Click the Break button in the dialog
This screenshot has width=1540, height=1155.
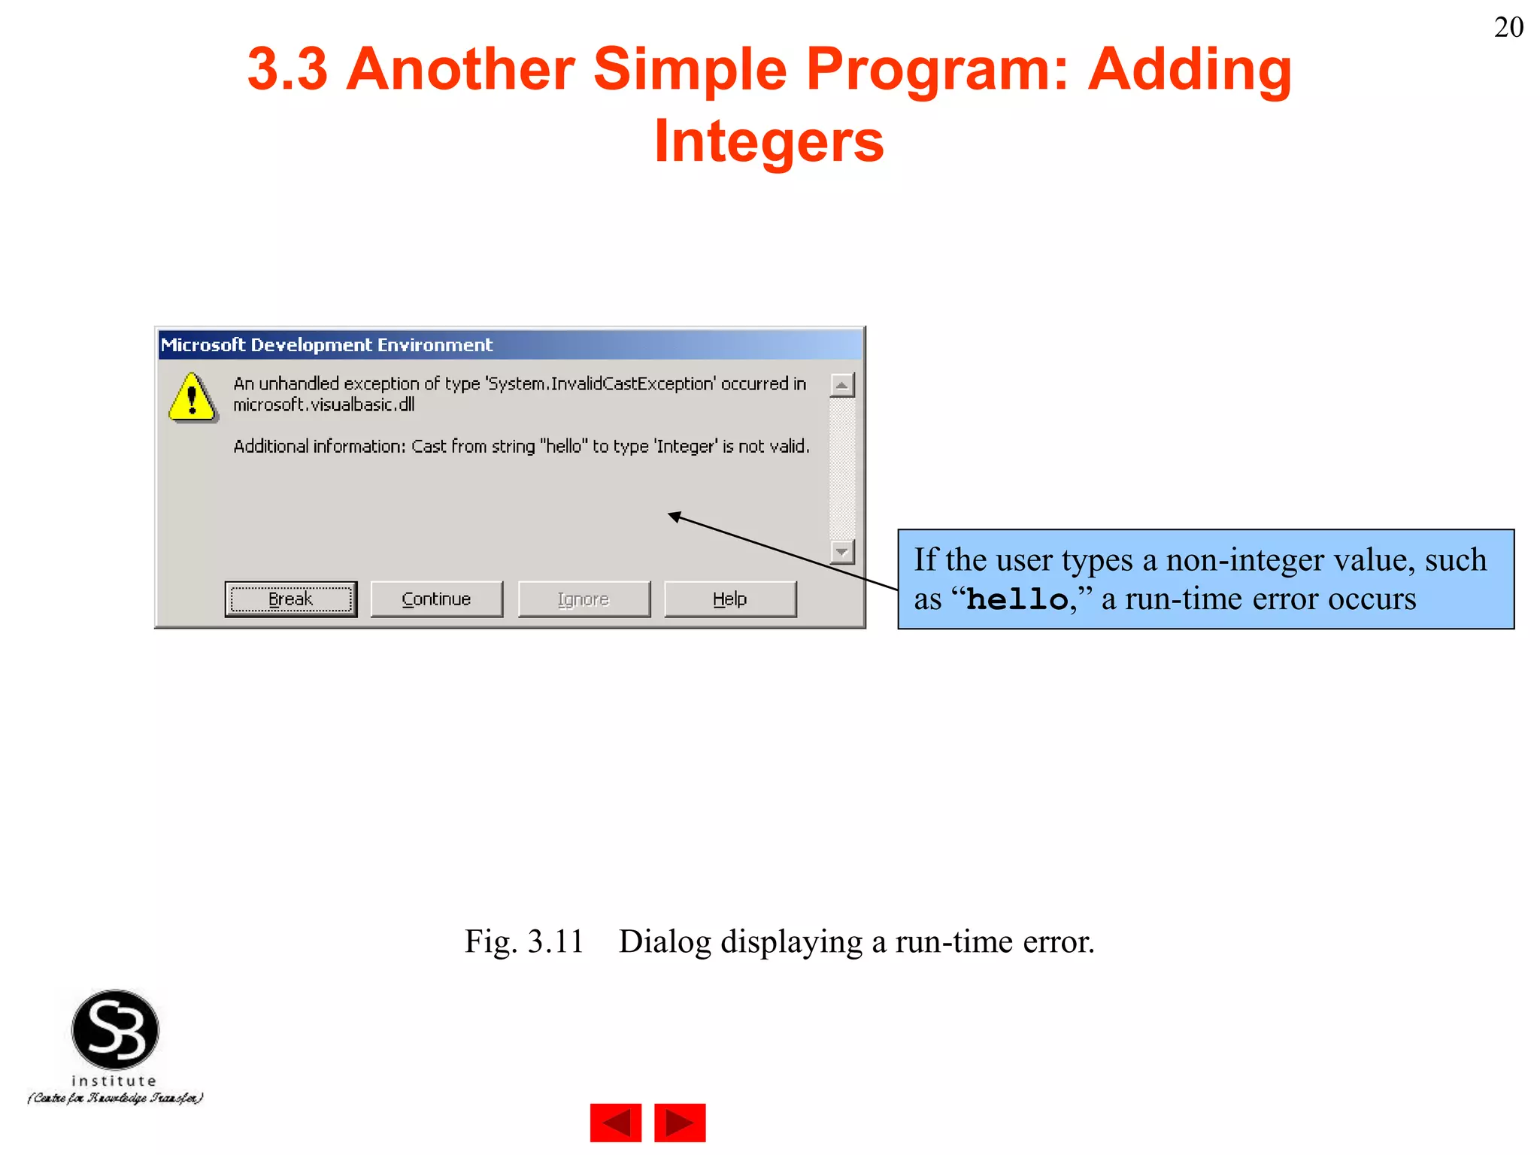coord(290,599)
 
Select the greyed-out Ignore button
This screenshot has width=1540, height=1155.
coord(584,599)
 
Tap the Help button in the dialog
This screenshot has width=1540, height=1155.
coord(729,599)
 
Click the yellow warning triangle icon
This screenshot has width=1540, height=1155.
coord(192,398)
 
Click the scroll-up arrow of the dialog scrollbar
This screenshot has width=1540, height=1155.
coord(841,386)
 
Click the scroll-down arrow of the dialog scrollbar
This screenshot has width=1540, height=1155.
coord(841,552)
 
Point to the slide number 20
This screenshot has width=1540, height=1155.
coord(1508,28)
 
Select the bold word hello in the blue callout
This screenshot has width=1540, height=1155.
coord(1017,600)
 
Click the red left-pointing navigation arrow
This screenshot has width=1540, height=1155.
coord(616,1123)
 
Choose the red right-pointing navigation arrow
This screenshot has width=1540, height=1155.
coord(680,1123)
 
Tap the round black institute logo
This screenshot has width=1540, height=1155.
coord(115,1029)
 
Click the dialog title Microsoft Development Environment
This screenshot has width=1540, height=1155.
coord(326,345)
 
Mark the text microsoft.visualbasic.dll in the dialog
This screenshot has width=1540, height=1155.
coord(323,405)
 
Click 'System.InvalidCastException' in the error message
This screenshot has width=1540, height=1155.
coord(600,383)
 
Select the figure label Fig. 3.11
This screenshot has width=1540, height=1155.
coord(524,941)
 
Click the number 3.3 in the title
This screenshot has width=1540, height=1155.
coord(287,69)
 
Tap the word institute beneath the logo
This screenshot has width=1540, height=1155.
coord(114,1081)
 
